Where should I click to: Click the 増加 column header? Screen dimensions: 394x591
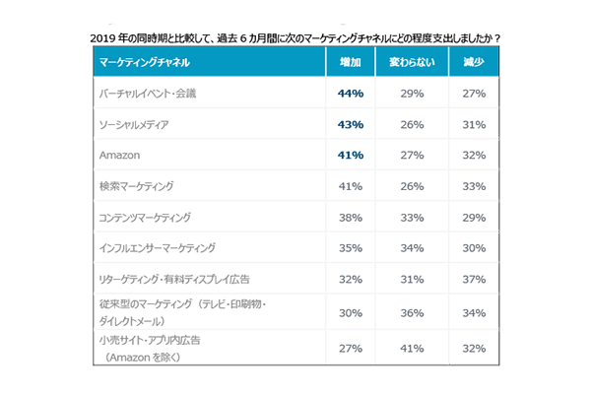click(x=351, y=62)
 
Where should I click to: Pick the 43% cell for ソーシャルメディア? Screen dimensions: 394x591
click(x=351, y=124)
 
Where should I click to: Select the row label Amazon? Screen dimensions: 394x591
click(x=120, y=155)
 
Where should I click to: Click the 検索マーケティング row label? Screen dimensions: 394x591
click(x=137, y=185)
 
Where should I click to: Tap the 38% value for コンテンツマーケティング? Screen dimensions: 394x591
click(x=351, y=217)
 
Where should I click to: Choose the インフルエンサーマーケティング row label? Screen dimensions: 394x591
click(x=158, y=247)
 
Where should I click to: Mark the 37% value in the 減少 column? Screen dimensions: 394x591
click(x=475, y=278)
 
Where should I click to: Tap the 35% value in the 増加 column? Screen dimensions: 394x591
click(x=351, y=247)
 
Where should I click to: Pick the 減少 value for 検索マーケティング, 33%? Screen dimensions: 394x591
click(x=475, y=185)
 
